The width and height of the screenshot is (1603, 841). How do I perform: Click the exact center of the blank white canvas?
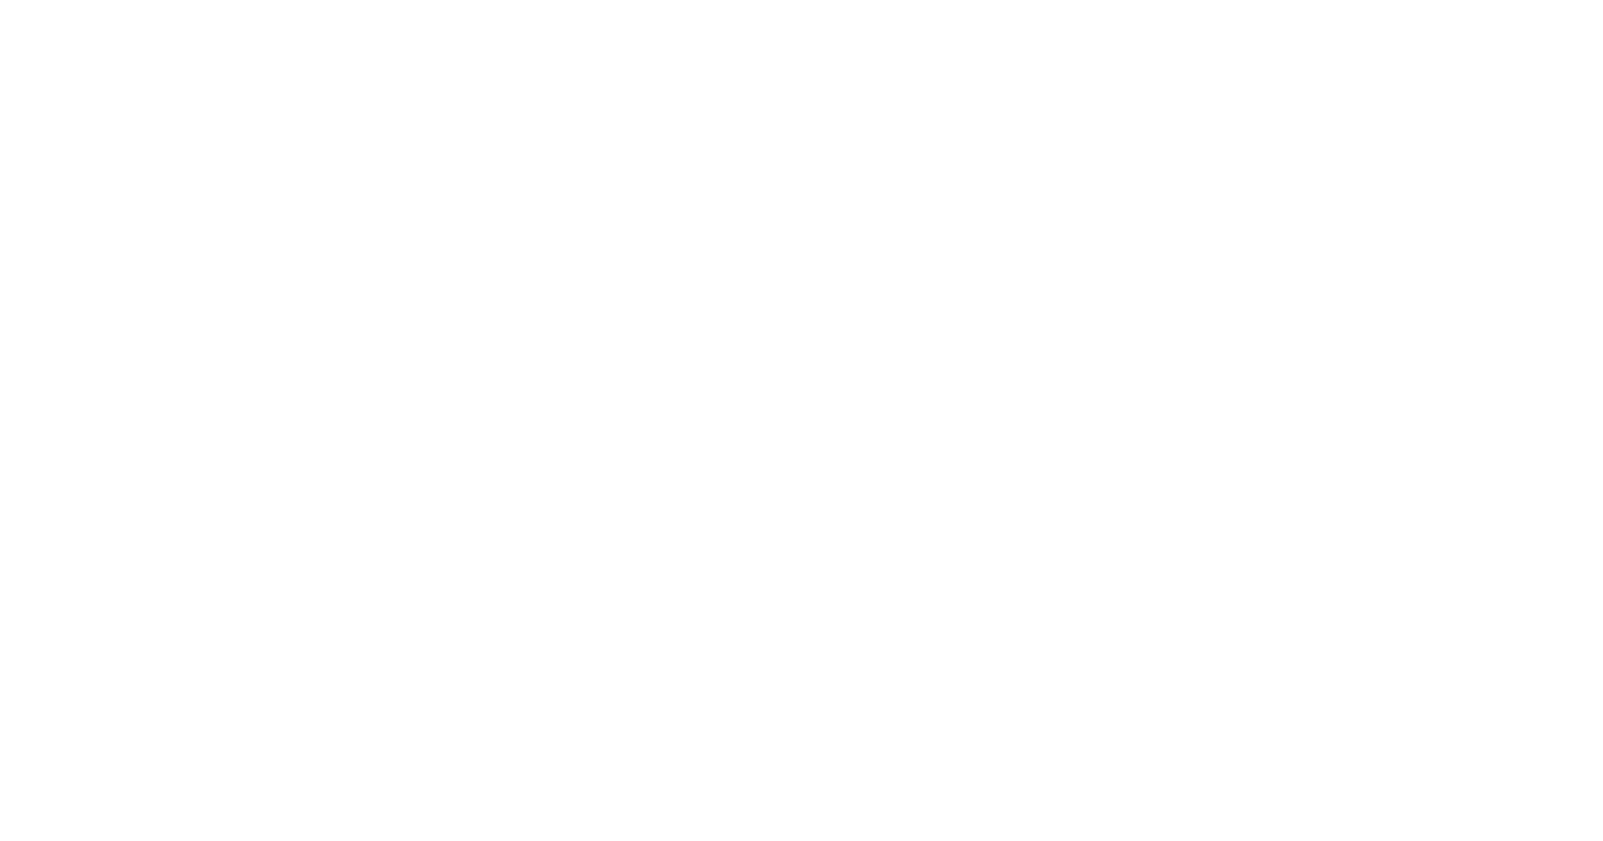(801, 420)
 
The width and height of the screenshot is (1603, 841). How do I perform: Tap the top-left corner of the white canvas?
(0, 0)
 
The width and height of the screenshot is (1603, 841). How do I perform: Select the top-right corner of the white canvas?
(1602, 0)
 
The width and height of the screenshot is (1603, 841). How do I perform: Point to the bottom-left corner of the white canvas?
(0, 840)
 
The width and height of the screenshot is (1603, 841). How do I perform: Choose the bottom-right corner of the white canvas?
(1602, 840)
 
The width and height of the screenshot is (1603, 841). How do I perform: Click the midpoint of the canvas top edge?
(801, 0)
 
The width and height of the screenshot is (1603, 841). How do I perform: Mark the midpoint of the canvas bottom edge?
(801, 840)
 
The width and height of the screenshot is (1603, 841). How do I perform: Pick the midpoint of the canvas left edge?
(0, 420)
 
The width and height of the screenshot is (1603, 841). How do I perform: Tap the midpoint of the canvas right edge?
(1602, 420)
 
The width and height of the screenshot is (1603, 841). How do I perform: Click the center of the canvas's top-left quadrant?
(400, 210)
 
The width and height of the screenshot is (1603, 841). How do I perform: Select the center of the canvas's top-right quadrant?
(1202, 210)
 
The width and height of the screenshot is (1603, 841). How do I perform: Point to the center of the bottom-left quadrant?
(400, 630)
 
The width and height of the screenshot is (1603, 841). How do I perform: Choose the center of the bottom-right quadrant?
(1202, 630)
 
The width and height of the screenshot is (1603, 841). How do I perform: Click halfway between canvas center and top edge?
(801, 210)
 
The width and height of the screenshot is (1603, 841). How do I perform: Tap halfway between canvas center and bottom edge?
(801, 630)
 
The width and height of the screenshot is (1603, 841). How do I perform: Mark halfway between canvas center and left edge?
(400, 420)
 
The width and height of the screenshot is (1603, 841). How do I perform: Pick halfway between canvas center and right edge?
(1202, 420)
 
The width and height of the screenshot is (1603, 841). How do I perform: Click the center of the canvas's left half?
(400, 420)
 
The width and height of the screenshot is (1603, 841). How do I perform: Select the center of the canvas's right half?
(1202, 420)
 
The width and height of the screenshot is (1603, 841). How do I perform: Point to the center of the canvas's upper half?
(801, 210)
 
